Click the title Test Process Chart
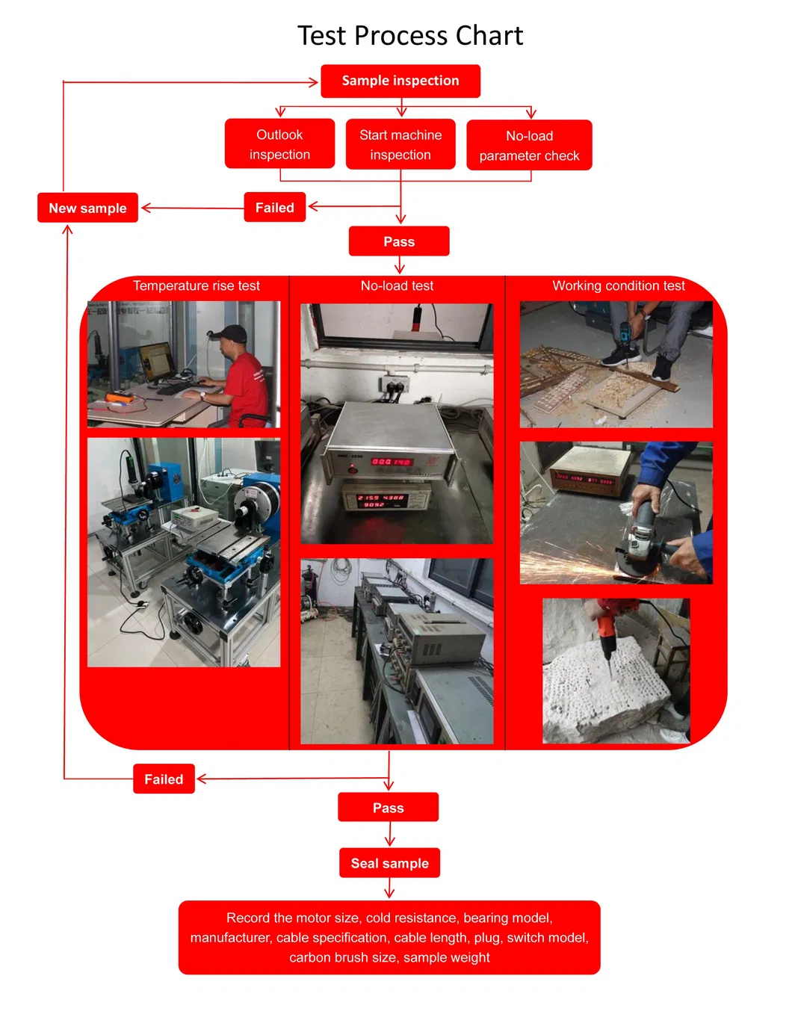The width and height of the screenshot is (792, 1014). (410, 36)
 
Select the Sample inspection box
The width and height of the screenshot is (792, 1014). (400, 81)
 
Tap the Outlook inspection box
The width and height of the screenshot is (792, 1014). (279, 144)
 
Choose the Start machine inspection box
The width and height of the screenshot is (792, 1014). (400, 145)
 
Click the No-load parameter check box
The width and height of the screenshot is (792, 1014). (529, 146)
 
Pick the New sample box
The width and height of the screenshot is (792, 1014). (87, 208)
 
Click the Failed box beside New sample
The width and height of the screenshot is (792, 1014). (275, 208)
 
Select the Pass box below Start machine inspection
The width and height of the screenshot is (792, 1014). (399, 241)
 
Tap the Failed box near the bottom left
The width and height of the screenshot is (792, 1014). (164, 779)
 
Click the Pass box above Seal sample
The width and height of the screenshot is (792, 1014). (389, 808)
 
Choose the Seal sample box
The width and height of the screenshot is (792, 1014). (389, 863)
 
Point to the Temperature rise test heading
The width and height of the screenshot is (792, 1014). (197, 286)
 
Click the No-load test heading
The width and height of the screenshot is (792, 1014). (397, 286)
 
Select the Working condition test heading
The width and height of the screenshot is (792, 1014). (618, 286)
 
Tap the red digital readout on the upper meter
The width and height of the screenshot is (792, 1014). (392, 462)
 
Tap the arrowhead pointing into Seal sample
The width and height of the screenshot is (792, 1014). (389, 842)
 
